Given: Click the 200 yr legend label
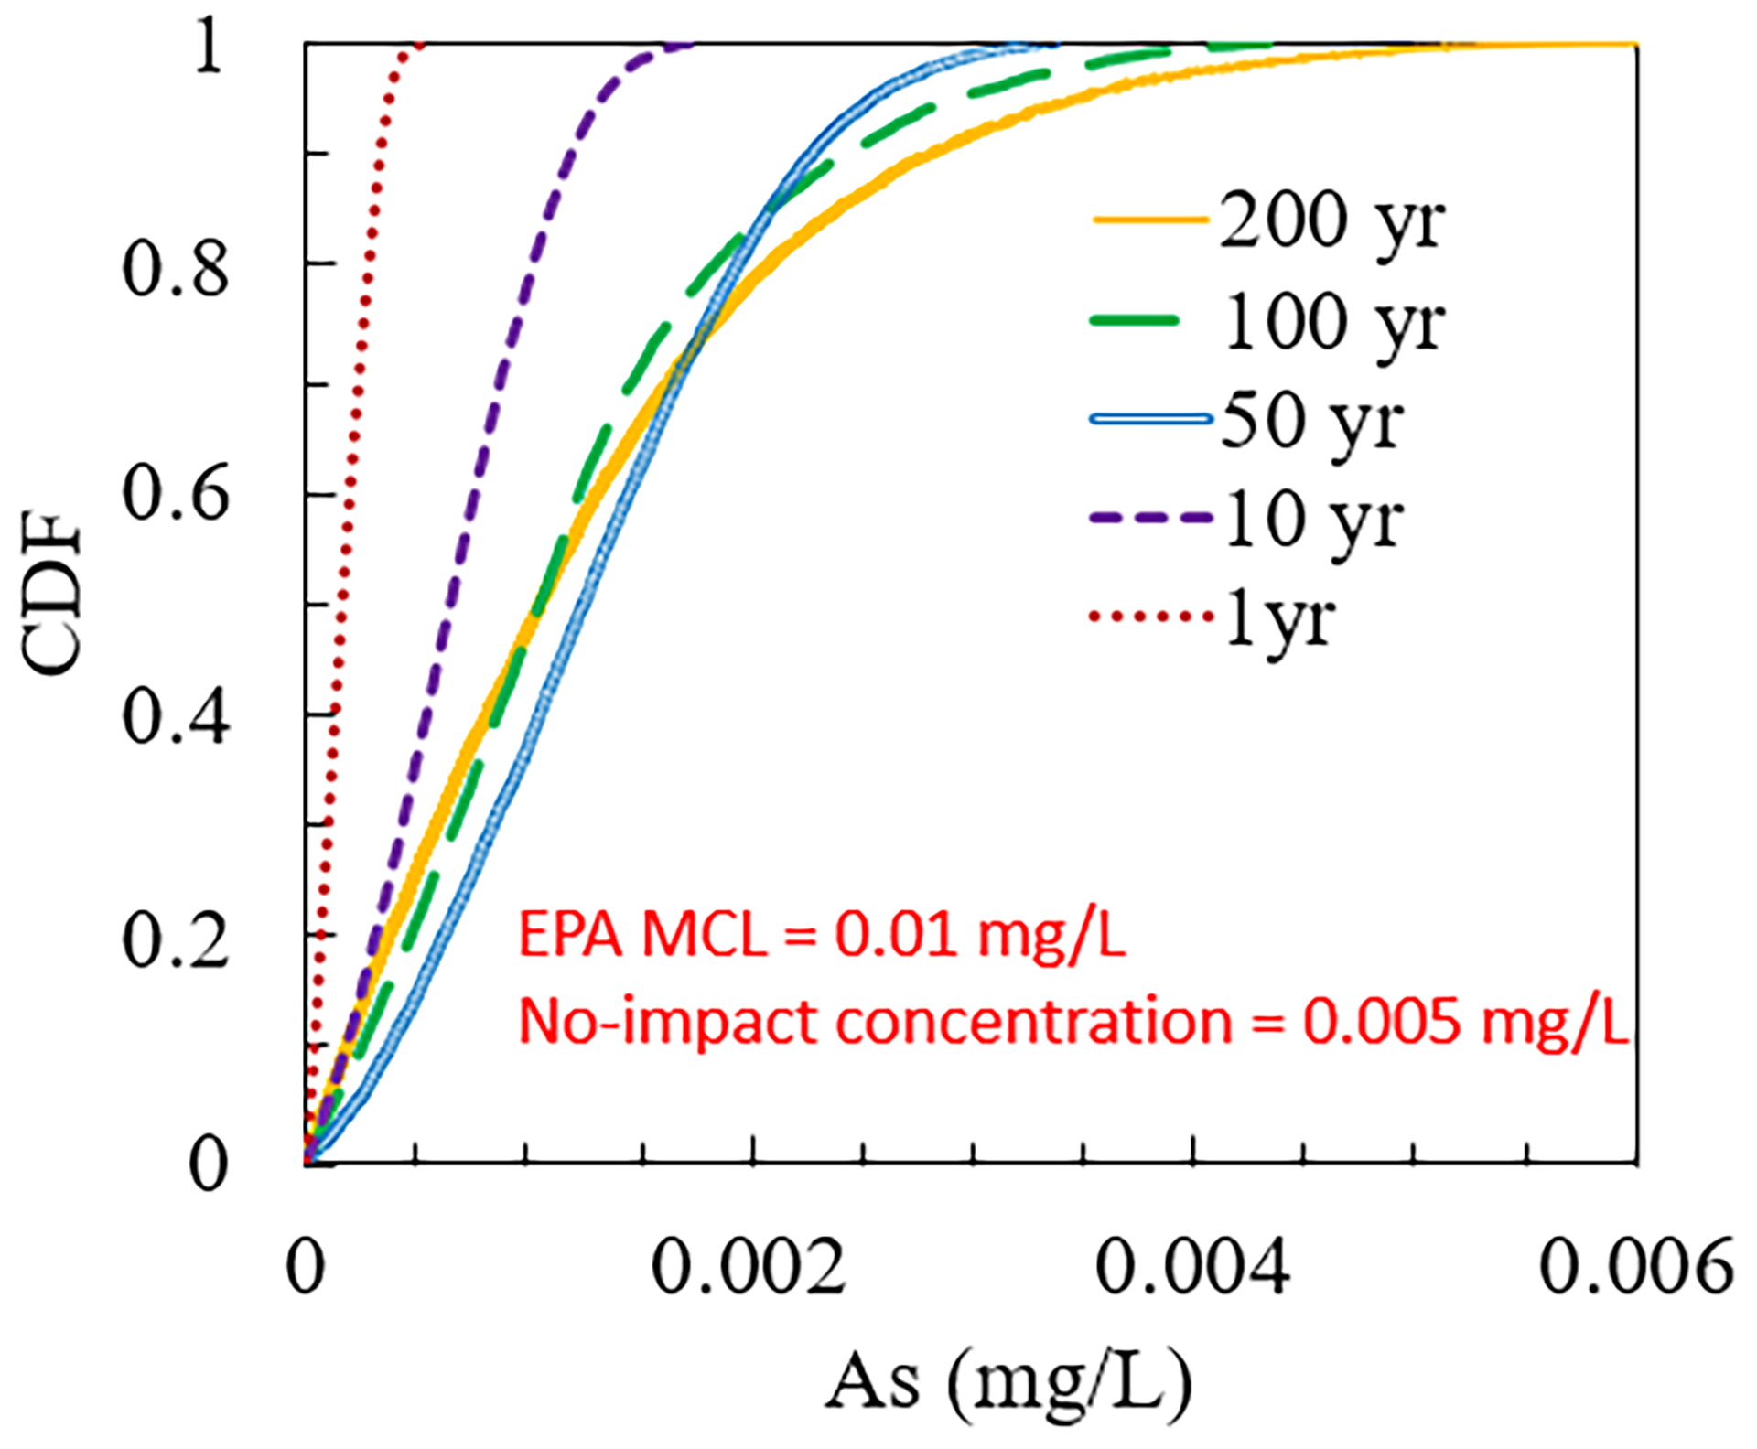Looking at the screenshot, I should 1331,222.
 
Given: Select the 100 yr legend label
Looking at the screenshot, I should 1333,323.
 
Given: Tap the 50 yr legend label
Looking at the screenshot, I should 1311,421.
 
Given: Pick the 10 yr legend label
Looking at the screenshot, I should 1313,520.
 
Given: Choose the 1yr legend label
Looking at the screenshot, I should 1280,619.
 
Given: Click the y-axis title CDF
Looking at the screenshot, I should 53,595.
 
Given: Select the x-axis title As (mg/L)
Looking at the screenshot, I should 1009,1382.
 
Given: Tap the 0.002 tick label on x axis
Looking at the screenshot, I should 749,1269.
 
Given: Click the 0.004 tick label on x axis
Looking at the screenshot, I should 1192,1269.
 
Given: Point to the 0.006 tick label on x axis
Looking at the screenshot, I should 1636,1269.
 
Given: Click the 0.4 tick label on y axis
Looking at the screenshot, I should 176,718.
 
